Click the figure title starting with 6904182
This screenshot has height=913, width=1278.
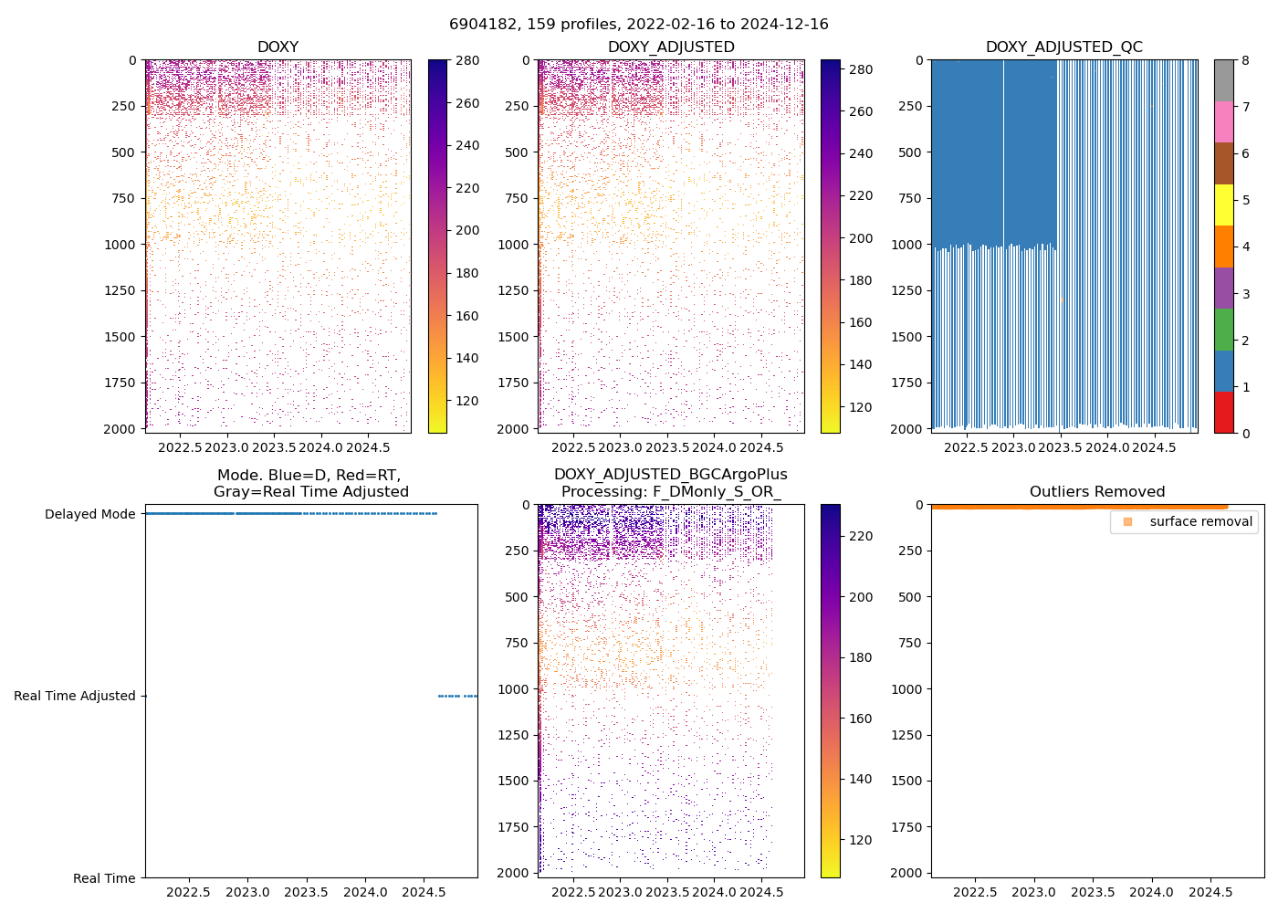click(638, 25)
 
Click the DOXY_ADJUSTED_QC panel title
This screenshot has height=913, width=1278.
click(1063, 47)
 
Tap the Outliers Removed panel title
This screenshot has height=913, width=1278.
click(1097, 492)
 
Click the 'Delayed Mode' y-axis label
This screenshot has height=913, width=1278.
click(89, 514)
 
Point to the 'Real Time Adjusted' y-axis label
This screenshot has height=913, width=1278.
click(74, 696)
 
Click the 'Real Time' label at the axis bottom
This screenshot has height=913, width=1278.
click(104, 878)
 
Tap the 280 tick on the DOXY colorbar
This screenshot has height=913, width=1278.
click(467, 61)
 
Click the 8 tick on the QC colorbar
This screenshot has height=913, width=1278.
click(1245, 61)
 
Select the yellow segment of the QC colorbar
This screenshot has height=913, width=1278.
click(1223, 205)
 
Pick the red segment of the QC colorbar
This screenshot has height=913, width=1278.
click(1223, 412)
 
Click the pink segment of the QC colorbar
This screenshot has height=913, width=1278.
click(1223, 121)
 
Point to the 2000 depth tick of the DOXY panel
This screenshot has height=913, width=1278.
click(124, 429)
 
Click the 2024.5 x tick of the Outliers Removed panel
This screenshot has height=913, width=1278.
click(1210, 892)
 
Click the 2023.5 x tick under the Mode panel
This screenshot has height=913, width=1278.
click(307, 892)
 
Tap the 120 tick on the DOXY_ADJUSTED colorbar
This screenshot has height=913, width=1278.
click(860, 407)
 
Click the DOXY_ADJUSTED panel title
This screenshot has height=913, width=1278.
click(671, 47)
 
